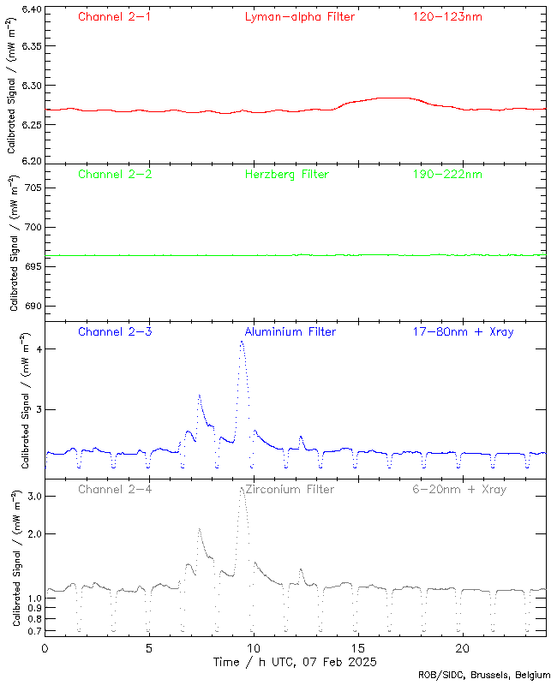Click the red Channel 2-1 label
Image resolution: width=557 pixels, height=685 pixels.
[115, 16]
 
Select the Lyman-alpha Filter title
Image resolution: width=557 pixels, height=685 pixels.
[299, 16]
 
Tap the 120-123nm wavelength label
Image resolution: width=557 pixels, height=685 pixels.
[446, 16]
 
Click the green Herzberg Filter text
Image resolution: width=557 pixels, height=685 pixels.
[286, 174]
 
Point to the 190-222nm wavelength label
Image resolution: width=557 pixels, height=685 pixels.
[446, 174]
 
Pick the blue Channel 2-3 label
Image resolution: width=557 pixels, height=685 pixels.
[115, 331]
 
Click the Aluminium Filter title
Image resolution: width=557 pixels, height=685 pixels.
[290, 331]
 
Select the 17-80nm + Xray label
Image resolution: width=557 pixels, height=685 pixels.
[463, 331]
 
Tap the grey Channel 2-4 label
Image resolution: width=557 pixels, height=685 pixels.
[115, 489]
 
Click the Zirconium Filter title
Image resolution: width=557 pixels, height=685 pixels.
[290, 489]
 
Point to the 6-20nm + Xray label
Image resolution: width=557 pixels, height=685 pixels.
[458, 489]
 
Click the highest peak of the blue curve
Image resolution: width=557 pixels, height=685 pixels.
[242, 342]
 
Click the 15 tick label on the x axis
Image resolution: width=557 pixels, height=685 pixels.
[357, 648]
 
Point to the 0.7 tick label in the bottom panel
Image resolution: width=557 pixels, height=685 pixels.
[33, 631]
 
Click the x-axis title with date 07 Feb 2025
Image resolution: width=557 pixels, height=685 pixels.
[295, 662]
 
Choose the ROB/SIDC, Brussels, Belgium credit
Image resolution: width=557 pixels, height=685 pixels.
[484, 676]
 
